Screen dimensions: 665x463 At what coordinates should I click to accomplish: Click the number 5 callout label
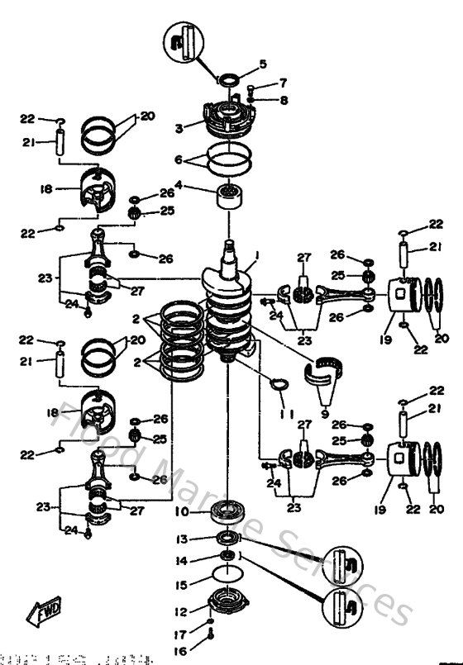point(263,64)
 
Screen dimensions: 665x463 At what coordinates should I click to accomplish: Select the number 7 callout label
point(282,83)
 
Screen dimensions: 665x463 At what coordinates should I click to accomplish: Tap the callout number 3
point(177,128)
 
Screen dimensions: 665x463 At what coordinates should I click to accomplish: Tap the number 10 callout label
point(182,512)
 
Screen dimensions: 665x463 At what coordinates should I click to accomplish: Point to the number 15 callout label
point(182,586)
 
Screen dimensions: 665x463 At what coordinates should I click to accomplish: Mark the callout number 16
point(182,651)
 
